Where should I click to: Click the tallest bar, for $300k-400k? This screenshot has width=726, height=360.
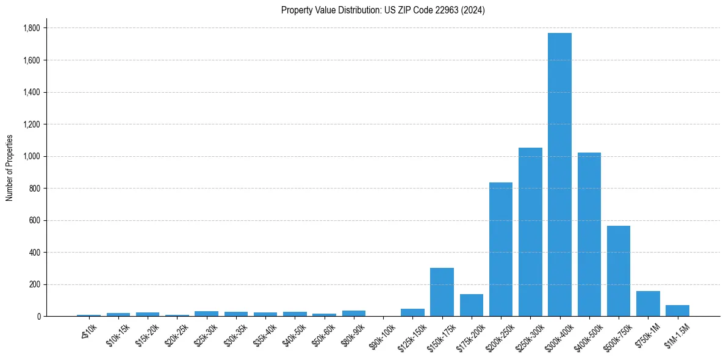(559, 175)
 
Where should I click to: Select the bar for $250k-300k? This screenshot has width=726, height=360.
(530, 232)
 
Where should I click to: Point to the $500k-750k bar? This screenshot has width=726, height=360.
(618, 271)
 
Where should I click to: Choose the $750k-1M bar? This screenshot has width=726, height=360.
(648, 303)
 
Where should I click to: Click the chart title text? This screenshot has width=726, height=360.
(383, 10)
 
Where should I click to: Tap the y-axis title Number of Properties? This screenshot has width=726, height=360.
(10, 167)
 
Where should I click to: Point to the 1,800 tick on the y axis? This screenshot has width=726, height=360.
(31, 28)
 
